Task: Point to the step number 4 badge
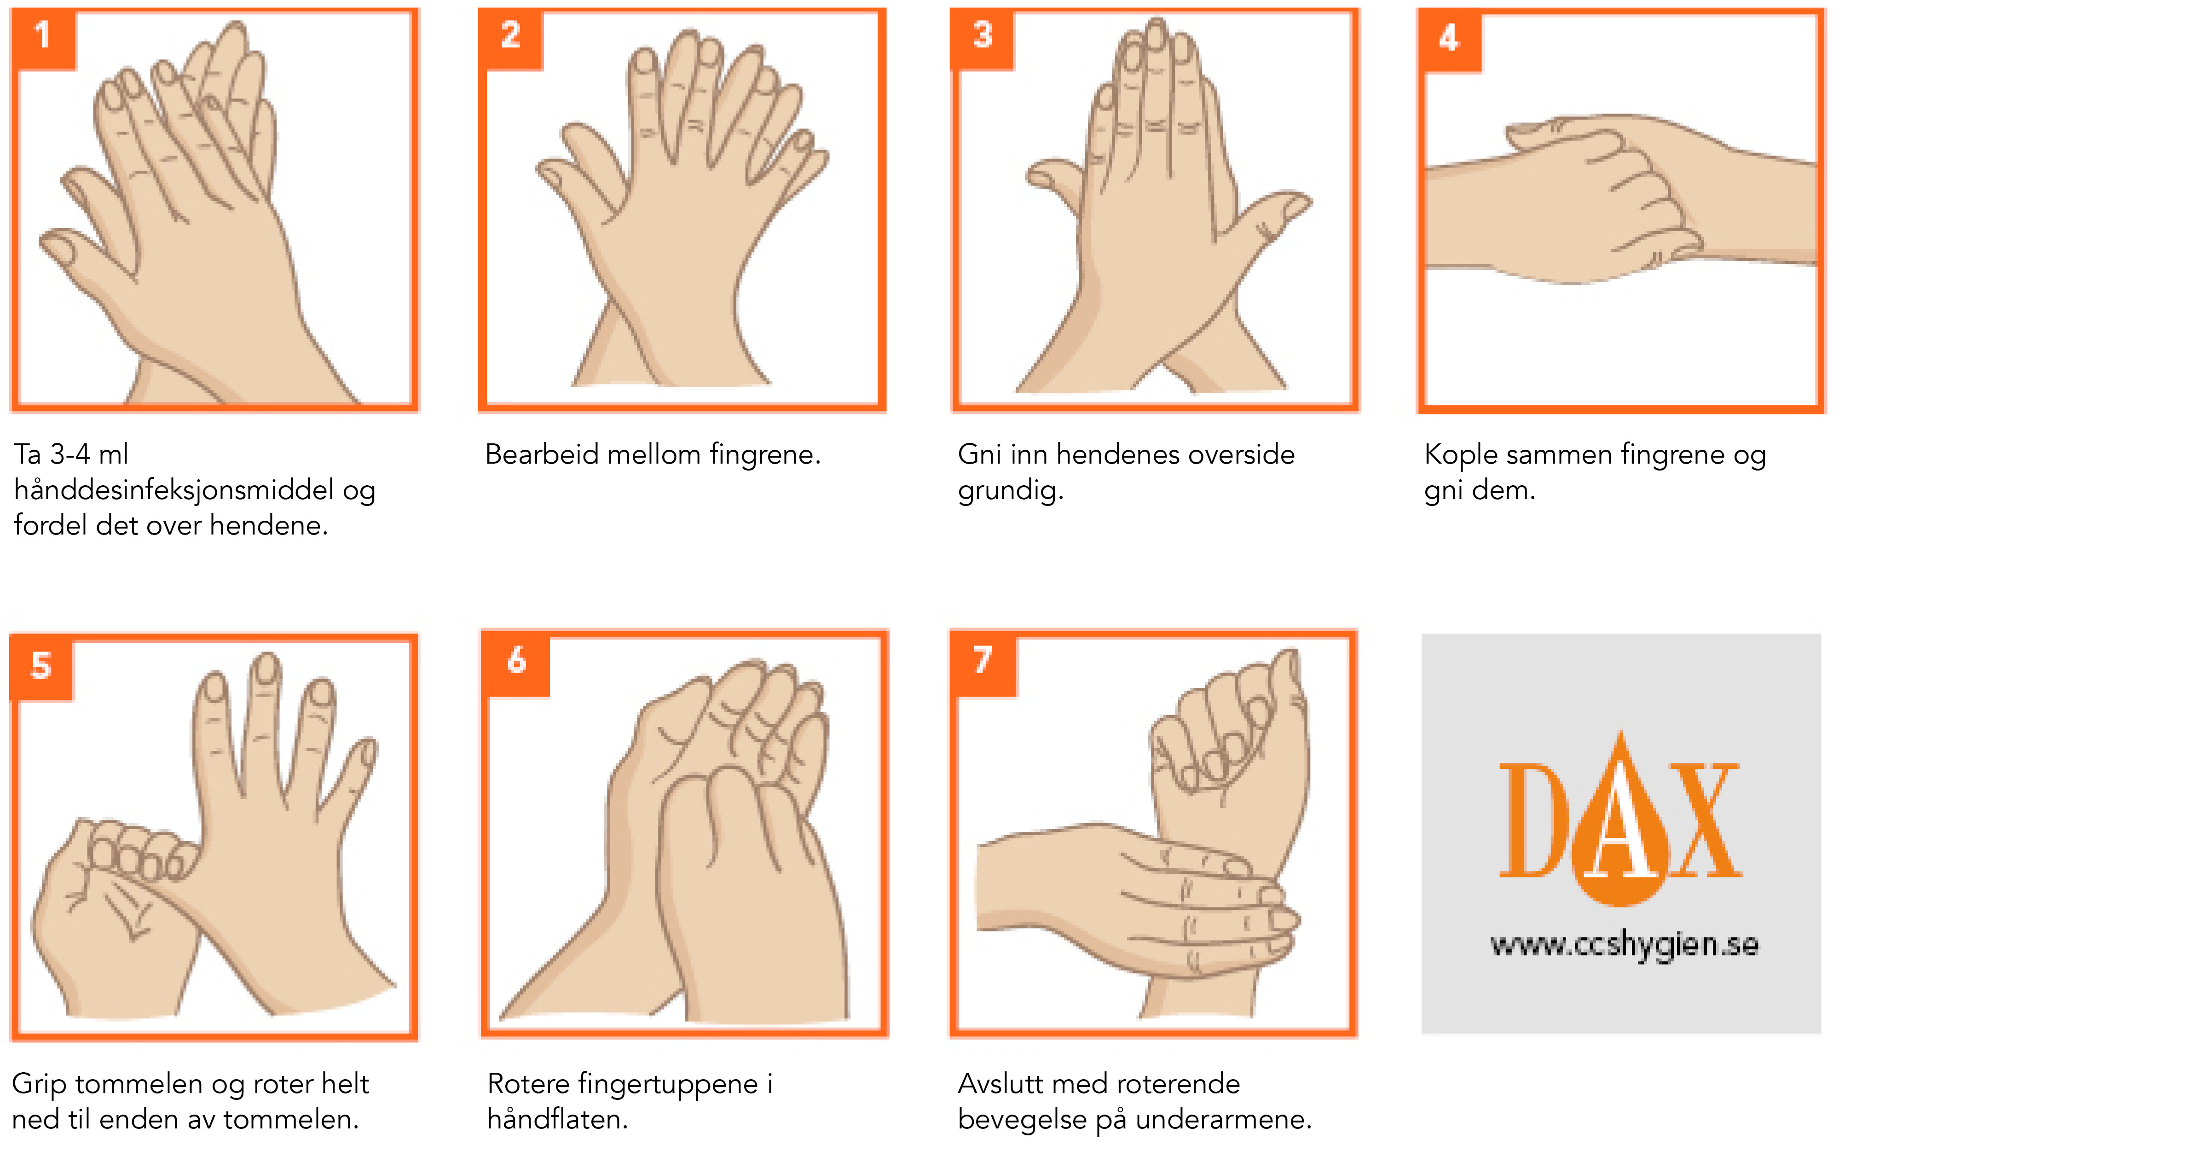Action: tap(1449, 40)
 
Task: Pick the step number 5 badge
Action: tap(41, 667)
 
